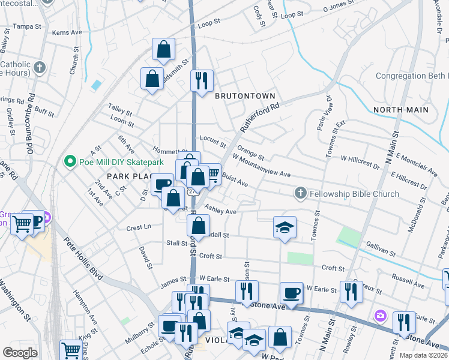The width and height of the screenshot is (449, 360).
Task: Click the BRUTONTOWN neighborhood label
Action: point(245,96)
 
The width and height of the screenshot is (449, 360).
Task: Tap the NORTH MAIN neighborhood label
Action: point(401,110)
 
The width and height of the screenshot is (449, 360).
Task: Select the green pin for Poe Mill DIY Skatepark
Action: point(70,161)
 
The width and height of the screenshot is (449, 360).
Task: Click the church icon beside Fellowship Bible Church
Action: point(300,193)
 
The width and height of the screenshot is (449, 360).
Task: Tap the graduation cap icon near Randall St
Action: point(285,227)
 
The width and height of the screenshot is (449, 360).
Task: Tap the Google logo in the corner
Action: point(20,352)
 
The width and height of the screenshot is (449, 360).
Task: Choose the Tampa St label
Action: point(26,26)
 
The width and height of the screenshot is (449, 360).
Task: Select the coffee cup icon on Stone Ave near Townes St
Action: point(292,293)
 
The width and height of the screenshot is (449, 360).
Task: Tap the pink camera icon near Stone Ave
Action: point(380,316)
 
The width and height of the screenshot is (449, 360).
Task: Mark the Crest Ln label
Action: point(138,227)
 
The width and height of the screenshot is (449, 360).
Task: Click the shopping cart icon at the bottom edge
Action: point(71,349)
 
